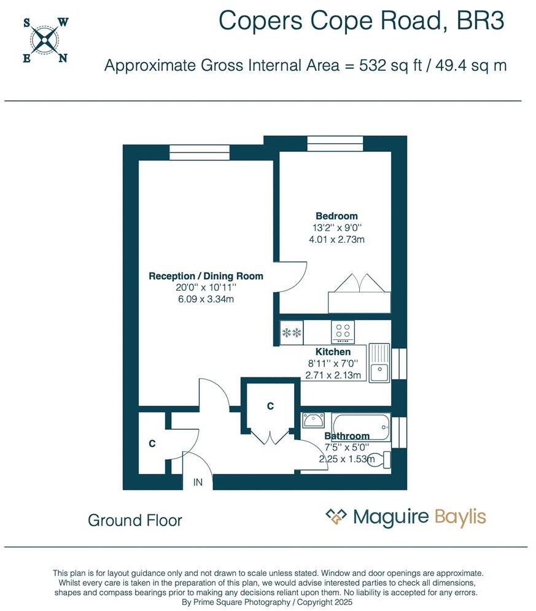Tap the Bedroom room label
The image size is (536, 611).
336,216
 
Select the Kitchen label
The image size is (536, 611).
333,352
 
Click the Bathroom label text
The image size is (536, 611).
347,436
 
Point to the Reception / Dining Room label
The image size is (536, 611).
206,277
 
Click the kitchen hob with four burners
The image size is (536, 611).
343,332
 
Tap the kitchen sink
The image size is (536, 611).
379,363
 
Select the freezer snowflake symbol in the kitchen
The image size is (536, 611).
291,333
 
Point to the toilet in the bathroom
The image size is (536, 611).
381,459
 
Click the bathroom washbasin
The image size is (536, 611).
314,420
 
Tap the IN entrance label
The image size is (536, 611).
198,483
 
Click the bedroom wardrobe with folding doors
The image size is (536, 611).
359,296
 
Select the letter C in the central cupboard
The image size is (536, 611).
270,406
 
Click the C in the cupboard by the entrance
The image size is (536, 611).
152,443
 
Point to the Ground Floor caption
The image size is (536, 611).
135,521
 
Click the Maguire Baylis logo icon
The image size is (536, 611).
336,517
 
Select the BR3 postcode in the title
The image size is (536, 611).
481,22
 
